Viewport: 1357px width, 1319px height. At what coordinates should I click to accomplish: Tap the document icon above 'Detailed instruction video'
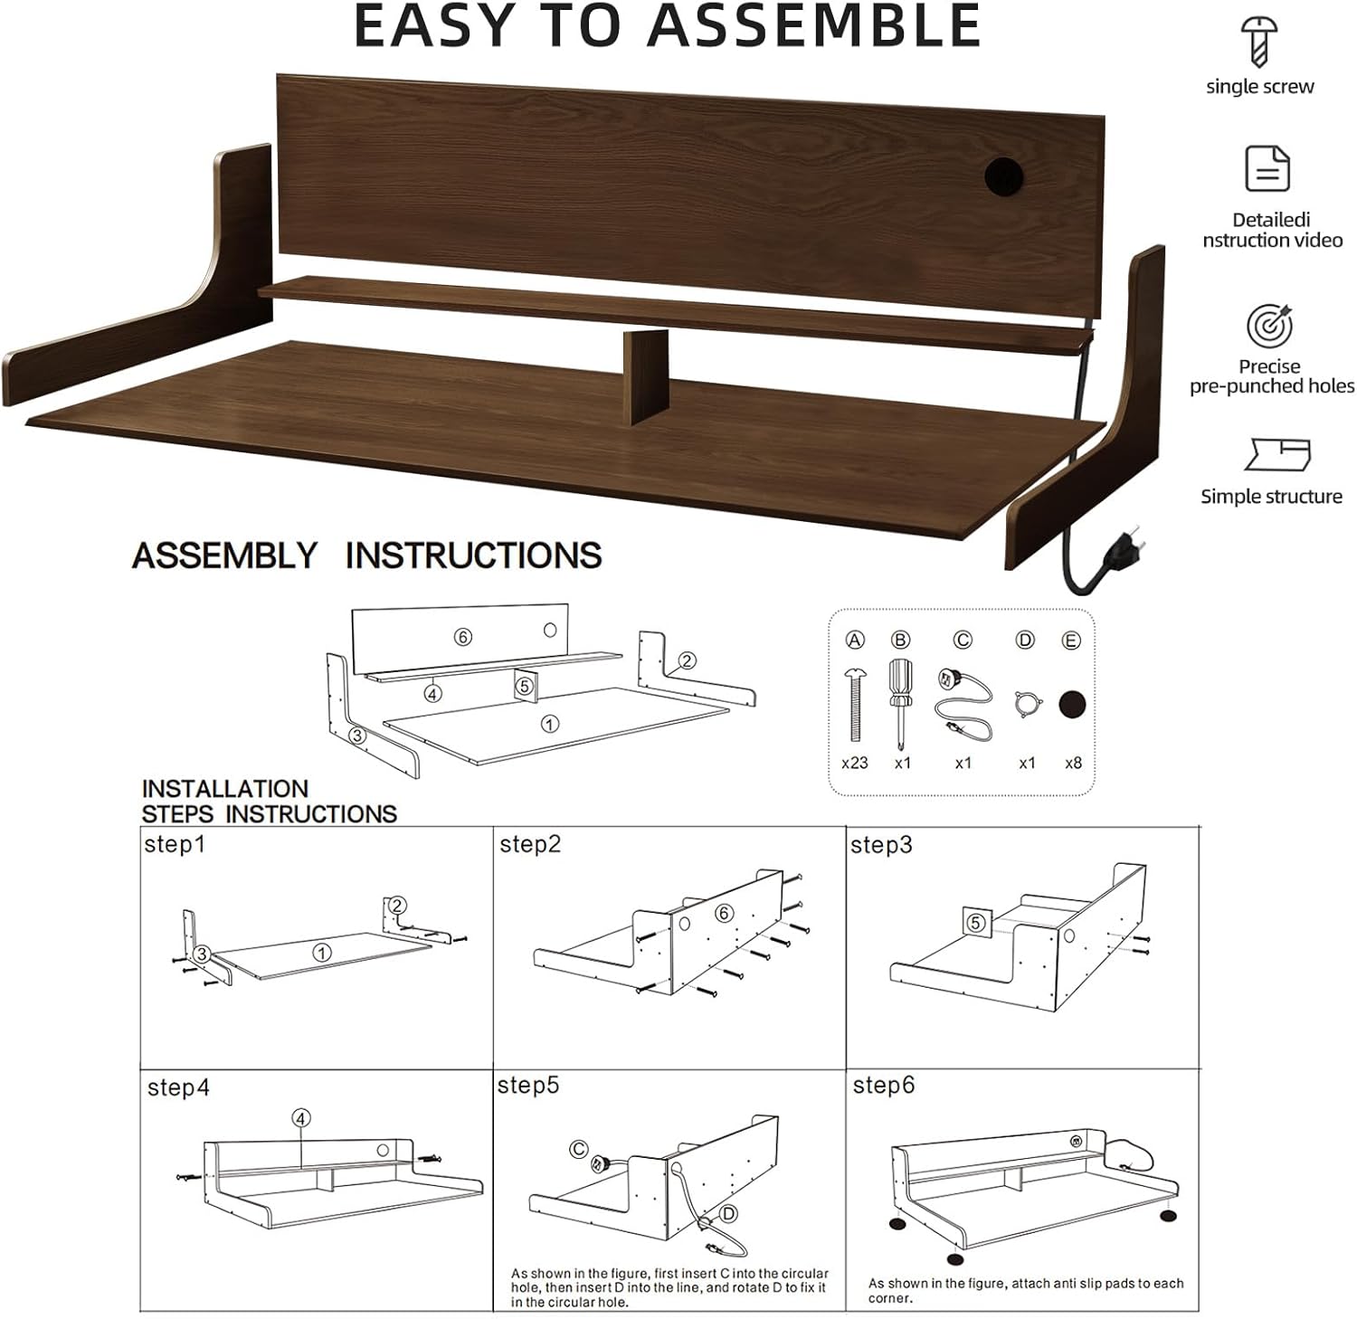click(x=1267, y=168)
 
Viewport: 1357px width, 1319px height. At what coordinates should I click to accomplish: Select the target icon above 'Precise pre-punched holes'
click(x=1269, y=326)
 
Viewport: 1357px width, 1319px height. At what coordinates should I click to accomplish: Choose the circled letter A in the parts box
click(x=855, y=641)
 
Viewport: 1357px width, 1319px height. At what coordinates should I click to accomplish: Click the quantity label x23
click(x=855, y=763)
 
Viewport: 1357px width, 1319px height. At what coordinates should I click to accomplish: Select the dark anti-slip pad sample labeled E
click(x=1073, y=704)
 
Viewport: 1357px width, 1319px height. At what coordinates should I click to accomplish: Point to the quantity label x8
click(x=1074, y=763)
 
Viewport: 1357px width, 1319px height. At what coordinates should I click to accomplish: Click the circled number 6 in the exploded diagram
click(x=463, y=638)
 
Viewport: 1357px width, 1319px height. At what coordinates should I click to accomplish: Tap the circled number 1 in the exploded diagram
click(x=549, y=724)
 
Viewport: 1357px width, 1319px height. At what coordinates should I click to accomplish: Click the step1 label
click(x=175, y=845)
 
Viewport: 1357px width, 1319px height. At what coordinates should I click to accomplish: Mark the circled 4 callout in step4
click(x=301, y=1118)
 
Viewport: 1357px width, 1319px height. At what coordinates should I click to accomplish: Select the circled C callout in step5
click(x=579, y=1150)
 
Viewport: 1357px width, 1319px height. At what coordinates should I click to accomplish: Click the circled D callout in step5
click(x=728, y=1214)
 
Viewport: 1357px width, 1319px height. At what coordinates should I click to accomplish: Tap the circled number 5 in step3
click(x=975, y=924)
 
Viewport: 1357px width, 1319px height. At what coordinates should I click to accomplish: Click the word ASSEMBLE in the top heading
click(x=814, y=25)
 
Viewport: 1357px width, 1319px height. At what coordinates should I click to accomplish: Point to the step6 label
click(x=884, y=1085)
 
